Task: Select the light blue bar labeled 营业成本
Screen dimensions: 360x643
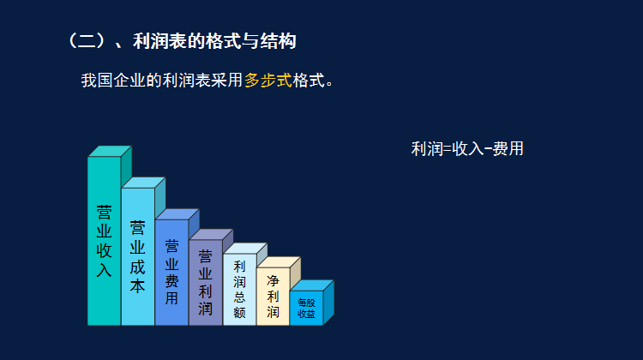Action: tap(137, 257)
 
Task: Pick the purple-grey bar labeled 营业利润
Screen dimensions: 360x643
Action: tap(205, 282)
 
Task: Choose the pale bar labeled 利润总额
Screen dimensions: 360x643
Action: tap(239, 290)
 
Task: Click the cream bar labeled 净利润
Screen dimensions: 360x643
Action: tap(273, 297)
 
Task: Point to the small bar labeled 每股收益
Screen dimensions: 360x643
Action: tap(306, 309)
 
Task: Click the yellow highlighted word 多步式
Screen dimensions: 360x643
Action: tap(268, 81)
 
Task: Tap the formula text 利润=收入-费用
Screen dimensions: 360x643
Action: tap(467, 149)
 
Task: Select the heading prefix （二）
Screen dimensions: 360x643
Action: tap(85, 40)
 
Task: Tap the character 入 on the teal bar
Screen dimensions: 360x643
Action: tap(104, 270)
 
